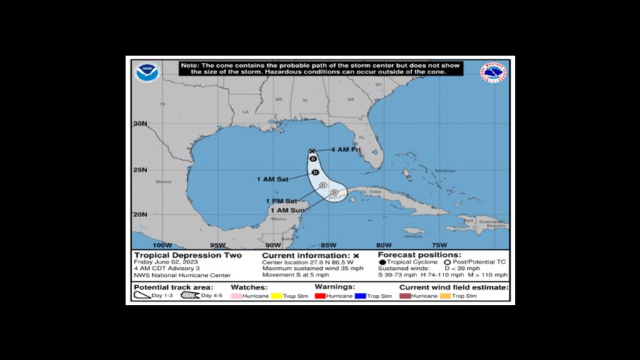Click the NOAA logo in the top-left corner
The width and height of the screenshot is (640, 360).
point(147,72)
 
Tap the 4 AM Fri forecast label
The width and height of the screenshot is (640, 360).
point(346,150)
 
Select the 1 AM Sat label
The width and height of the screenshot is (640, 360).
point(271,179)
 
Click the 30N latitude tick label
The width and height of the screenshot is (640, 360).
point(140,124)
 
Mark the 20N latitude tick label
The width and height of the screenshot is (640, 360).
point(140,214)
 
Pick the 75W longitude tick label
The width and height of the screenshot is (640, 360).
point(440,245)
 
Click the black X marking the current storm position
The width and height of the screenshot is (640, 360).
point(312,151)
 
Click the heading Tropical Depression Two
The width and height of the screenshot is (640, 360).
point(188,255)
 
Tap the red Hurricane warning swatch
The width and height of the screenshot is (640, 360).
point(321,296)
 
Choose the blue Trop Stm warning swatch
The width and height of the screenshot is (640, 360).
point(361,296)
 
